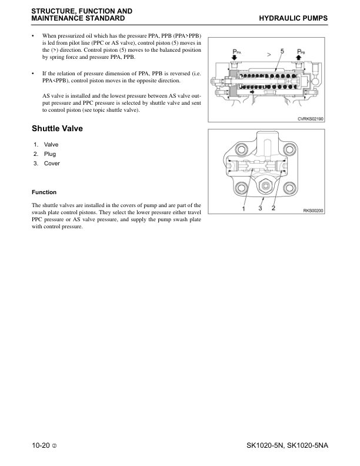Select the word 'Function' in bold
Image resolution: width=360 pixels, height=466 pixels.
44,192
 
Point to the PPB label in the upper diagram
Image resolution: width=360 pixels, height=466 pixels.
301,52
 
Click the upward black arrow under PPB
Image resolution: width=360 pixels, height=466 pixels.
300,60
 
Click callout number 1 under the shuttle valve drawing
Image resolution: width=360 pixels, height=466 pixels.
244,208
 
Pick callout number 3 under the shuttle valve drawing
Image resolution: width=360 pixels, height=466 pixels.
260,208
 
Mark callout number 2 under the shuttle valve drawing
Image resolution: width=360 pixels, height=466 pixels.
274,208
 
